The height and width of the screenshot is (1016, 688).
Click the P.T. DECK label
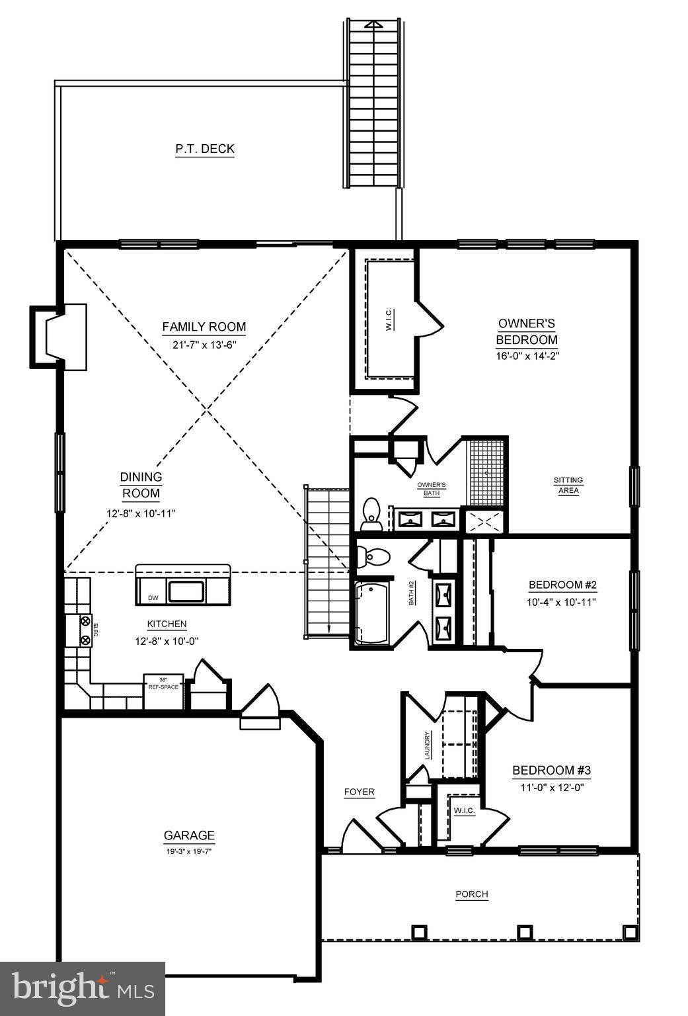point(205,149)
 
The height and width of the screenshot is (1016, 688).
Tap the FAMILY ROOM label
point(204,327)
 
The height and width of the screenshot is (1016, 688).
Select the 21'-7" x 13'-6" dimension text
point(204,344)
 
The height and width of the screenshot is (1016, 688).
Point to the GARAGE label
point(189,835)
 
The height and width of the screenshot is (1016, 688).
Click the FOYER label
point(360,792)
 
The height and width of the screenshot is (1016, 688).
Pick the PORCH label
point(472,894)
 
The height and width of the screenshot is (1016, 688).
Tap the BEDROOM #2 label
point(562,585)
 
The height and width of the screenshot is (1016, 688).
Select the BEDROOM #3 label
point(551,771)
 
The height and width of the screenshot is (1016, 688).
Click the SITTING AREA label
point(568,486)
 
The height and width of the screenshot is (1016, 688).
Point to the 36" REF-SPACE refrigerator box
point(163,691)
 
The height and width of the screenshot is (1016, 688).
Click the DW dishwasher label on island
point(153,598)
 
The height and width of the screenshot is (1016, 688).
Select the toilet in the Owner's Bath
point(372,514)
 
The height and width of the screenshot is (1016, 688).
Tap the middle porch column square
point(525,931)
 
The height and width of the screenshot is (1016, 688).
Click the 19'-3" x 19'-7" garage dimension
point(189,852)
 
